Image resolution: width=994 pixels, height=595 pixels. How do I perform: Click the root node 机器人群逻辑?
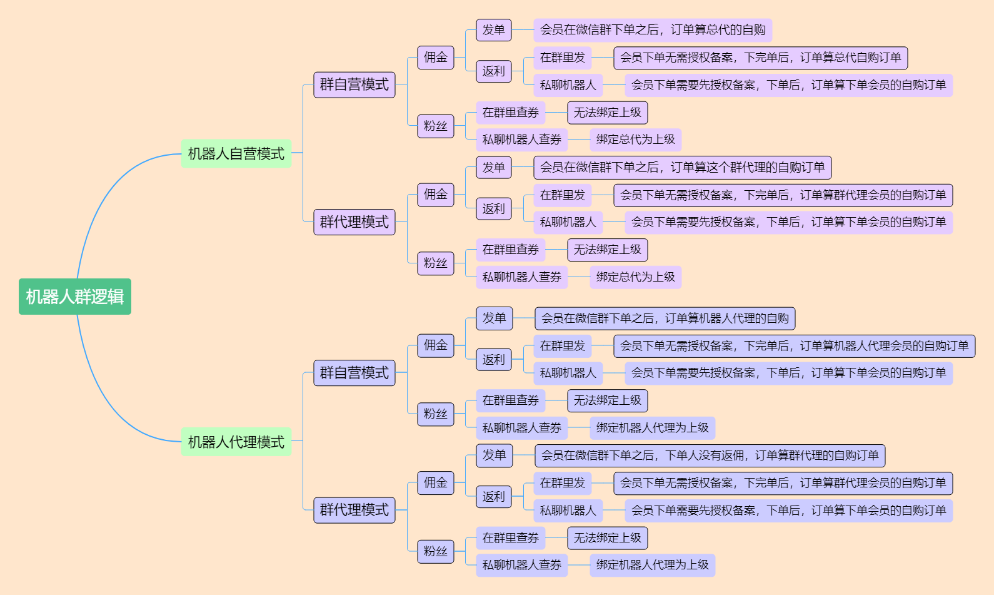point(75,297)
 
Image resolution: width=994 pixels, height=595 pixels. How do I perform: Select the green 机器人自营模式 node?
point(236,153)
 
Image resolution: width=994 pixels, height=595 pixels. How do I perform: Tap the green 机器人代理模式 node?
point(236,442)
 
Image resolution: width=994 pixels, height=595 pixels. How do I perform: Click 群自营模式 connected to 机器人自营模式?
point(354,84)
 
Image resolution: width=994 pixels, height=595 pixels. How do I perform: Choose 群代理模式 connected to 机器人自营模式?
point(354,222)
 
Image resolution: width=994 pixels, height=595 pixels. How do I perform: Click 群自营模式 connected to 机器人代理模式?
point(354,373)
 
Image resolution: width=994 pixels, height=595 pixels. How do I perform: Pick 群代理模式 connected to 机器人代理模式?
point(354,510)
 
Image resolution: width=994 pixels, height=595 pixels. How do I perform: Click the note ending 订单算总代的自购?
point(653,30)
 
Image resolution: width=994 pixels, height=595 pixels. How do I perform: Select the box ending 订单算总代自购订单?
point(760,58)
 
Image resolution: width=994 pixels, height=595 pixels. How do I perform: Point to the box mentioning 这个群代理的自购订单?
point(682,167)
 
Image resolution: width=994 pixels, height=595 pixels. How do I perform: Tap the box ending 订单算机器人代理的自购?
point(665,318)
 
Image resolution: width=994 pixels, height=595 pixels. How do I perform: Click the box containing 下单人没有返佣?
point(710,455)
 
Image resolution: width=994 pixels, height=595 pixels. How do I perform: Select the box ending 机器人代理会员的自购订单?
point(794,346)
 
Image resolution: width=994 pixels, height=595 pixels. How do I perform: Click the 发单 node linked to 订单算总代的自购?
point(494,30)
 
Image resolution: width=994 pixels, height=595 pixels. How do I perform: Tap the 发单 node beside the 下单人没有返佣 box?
point(494,455)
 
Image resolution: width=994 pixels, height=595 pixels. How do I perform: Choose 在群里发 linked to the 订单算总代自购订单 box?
point(562,58)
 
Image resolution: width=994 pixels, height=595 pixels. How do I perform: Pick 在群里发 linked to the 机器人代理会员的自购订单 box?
point(562,346)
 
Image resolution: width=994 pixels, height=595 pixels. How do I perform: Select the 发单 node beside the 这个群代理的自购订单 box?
point(494,167)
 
